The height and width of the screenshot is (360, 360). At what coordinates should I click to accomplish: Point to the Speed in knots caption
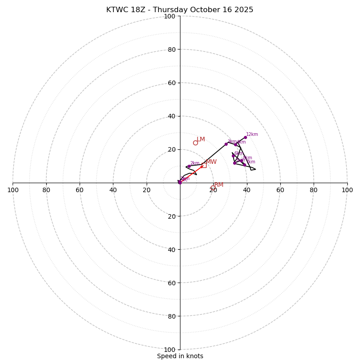tap(180, 356)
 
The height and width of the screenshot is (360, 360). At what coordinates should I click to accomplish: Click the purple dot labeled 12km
tap(245, 137)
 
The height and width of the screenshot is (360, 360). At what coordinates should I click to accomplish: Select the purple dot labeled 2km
tap(189, 166)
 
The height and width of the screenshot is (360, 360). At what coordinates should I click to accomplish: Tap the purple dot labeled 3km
tap(226, 144)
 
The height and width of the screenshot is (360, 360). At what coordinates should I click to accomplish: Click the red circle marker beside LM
tap(195, 143)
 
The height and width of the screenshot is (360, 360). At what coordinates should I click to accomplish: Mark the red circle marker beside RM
tap(213, 188)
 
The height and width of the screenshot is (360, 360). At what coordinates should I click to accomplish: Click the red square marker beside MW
tap(204, 165)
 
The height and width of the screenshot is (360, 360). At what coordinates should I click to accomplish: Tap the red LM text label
tap(201, 139)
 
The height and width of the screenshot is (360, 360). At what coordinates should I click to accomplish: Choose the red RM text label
tap(219, 185)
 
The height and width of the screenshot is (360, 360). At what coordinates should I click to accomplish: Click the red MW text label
tap(211, 162)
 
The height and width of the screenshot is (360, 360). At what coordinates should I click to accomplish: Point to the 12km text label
tap(252, 134)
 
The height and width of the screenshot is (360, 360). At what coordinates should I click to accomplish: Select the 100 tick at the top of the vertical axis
tap(170, 16)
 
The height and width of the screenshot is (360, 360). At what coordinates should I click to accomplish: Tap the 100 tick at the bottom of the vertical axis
tap(170, 350)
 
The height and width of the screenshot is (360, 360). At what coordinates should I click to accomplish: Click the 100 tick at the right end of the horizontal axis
tap(347, 190)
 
